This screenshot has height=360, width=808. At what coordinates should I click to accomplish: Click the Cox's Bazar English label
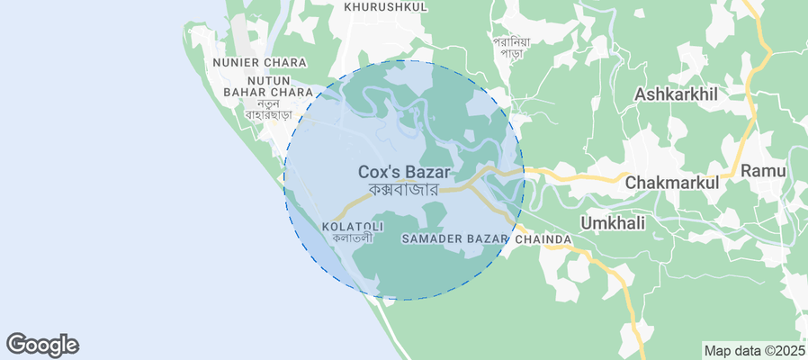click(x=404, y=171)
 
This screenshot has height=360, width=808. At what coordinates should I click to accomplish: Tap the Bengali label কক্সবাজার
click(x=403, y=190)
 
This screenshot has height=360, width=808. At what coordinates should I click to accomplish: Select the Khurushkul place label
click(x=384, y=6)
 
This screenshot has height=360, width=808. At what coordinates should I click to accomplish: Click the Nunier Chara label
click(x=260, y=63)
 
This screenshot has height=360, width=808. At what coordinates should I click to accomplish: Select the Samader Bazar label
click(x=455, y=238)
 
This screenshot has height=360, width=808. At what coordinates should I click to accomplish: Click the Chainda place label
click(x=543, y=238)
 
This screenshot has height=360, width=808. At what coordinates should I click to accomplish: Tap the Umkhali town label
click(x=614, y=222)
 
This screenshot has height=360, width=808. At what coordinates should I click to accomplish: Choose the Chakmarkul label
click(x=672, y=182)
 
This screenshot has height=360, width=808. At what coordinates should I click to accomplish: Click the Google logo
click(x=42, y=345)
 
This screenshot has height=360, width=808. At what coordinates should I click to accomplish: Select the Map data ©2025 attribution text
click(x=754, y=351)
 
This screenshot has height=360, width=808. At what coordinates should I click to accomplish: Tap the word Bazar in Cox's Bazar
click(x=428, y=171)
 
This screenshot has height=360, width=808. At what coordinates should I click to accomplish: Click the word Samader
click(x=433, y=238)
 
